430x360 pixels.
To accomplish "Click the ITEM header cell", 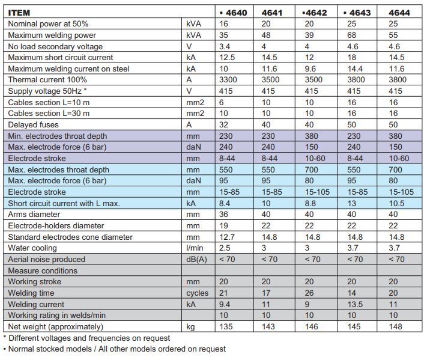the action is tap(19, 13).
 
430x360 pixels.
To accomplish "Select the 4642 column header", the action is tap(314, 13).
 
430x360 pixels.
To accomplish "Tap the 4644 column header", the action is tap(399, 13).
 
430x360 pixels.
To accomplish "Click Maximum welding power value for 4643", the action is tap(351, 35).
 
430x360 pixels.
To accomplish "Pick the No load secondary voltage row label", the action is tap(55, 47).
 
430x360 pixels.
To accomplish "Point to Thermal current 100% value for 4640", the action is tap(228, 80).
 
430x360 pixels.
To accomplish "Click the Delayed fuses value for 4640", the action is tap(224, 125).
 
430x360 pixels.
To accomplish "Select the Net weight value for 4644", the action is tap(395, 327).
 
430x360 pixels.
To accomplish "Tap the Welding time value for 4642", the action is tap(309, 293).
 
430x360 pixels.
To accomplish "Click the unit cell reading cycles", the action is tap(198, 293).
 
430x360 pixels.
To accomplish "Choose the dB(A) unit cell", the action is tap(196, 260).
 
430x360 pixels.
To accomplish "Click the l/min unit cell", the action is tap(195, 248).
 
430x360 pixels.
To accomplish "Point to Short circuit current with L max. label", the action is tap(64, 204).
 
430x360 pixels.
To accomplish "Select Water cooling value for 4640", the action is tap(225, 248).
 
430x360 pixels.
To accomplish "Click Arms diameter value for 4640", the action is tap(224, 215).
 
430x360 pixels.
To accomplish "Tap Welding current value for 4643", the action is tap(355, 304).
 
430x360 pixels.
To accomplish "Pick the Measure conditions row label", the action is tap(43, 271).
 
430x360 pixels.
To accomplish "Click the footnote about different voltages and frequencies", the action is tap(86, 338).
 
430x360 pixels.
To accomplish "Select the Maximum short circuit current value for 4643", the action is tap(351, 58).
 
